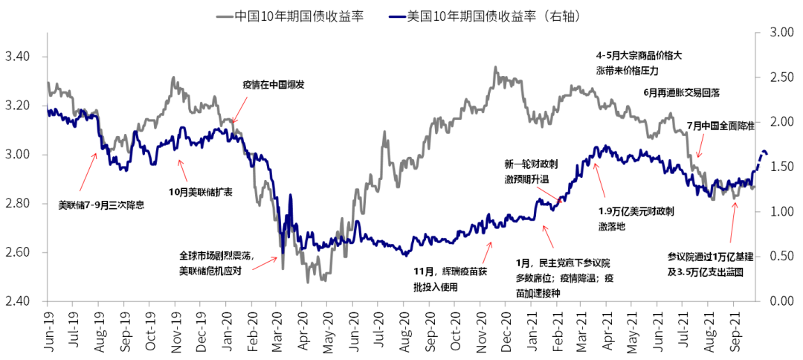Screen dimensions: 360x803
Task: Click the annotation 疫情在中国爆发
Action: coord(273,85)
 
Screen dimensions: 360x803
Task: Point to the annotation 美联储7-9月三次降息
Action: coord(101,203)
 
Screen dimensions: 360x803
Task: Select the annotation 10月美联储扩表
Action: coord(201,192)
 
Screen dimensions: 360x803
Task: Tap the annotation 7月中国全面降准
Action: coord(720,126)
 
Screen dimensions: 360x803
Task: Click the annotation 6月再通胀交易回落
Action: coord(681,92)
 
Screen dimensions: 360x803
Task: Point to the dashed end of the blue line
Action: coord(763,155)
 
